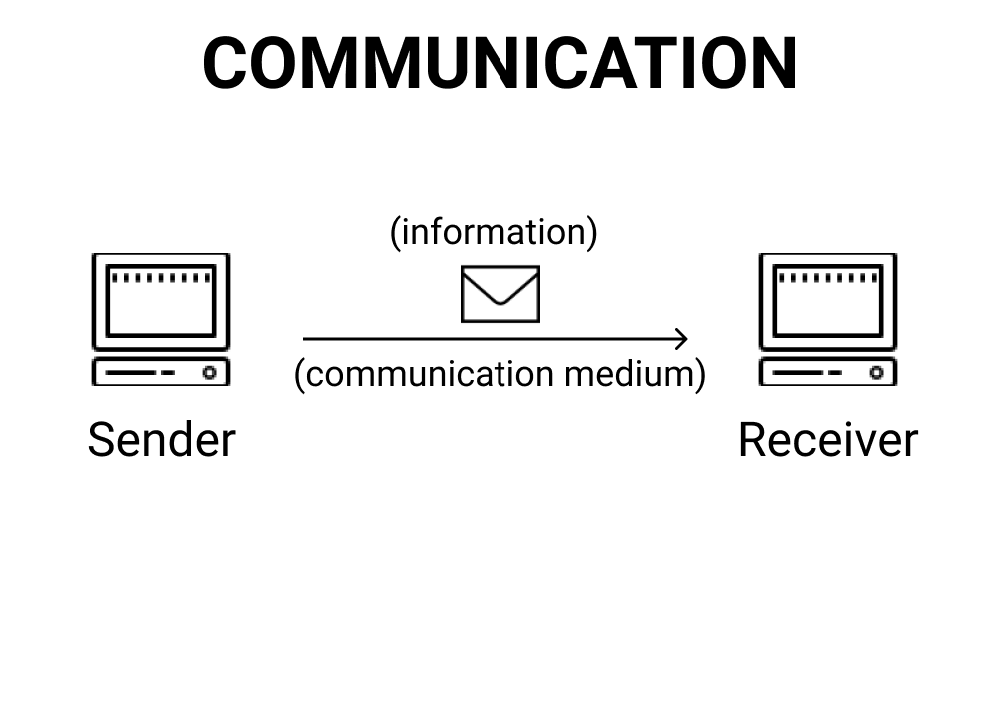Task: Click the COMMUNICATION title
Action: tap(500, 63)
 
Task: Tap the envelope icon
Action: tap(500, 294)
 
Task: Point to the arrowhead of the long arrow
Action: tap(684, 339)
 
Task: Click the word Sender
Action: tap(161, 440)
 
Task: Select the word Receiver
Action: tap(827, 440)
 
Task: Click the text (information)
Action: tap(494, 231)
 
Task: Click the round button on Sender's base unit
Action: tap(210, 372)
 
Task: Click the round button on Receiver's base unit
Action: tap(876, 372)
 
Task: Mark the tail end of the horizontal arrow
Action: tap(305, 339)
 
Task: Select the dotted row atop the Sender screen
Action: tap(161, 277)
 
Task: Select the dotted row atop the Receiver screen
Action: tap(828, 277)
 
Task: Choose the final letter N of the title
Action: tap(771, 63)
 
